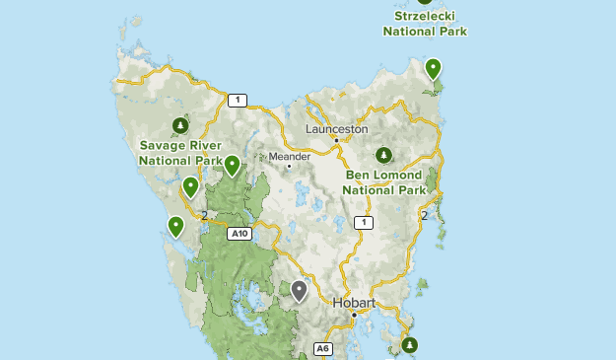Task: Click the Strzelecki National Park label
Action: point(425,24)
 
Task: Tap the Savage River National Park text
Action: point(180,152)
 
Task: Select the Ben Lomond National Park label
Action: point(384,181)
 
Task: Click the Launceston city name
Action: point(336,129)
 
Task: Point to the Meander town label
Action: point(290,156)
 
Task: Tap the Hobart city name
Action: point(354,303)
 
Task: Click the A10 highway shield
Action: point(238,234)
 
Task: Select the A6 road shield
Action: point(322,349)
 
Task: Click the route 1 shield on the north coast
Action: point(237,100)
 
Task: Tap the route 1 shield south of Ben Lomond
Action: point(364,223)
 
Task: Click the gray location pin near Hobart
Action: point(299,291)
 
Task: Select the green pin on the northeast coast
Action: point(433,69)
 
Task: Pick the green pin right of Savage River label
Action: point(232,166)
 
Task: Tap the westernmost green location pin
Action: point(175,227)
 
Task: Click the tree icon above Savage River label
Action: point(180,125)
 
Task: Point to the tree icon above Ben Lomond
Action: point(384,155)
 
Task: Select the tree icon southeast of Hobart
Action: point(409,344)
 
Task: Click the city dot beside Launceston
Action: point(336,141)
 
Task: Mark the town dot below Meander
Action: point(289,166)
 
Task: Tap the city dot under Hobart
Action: point(354,315)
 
